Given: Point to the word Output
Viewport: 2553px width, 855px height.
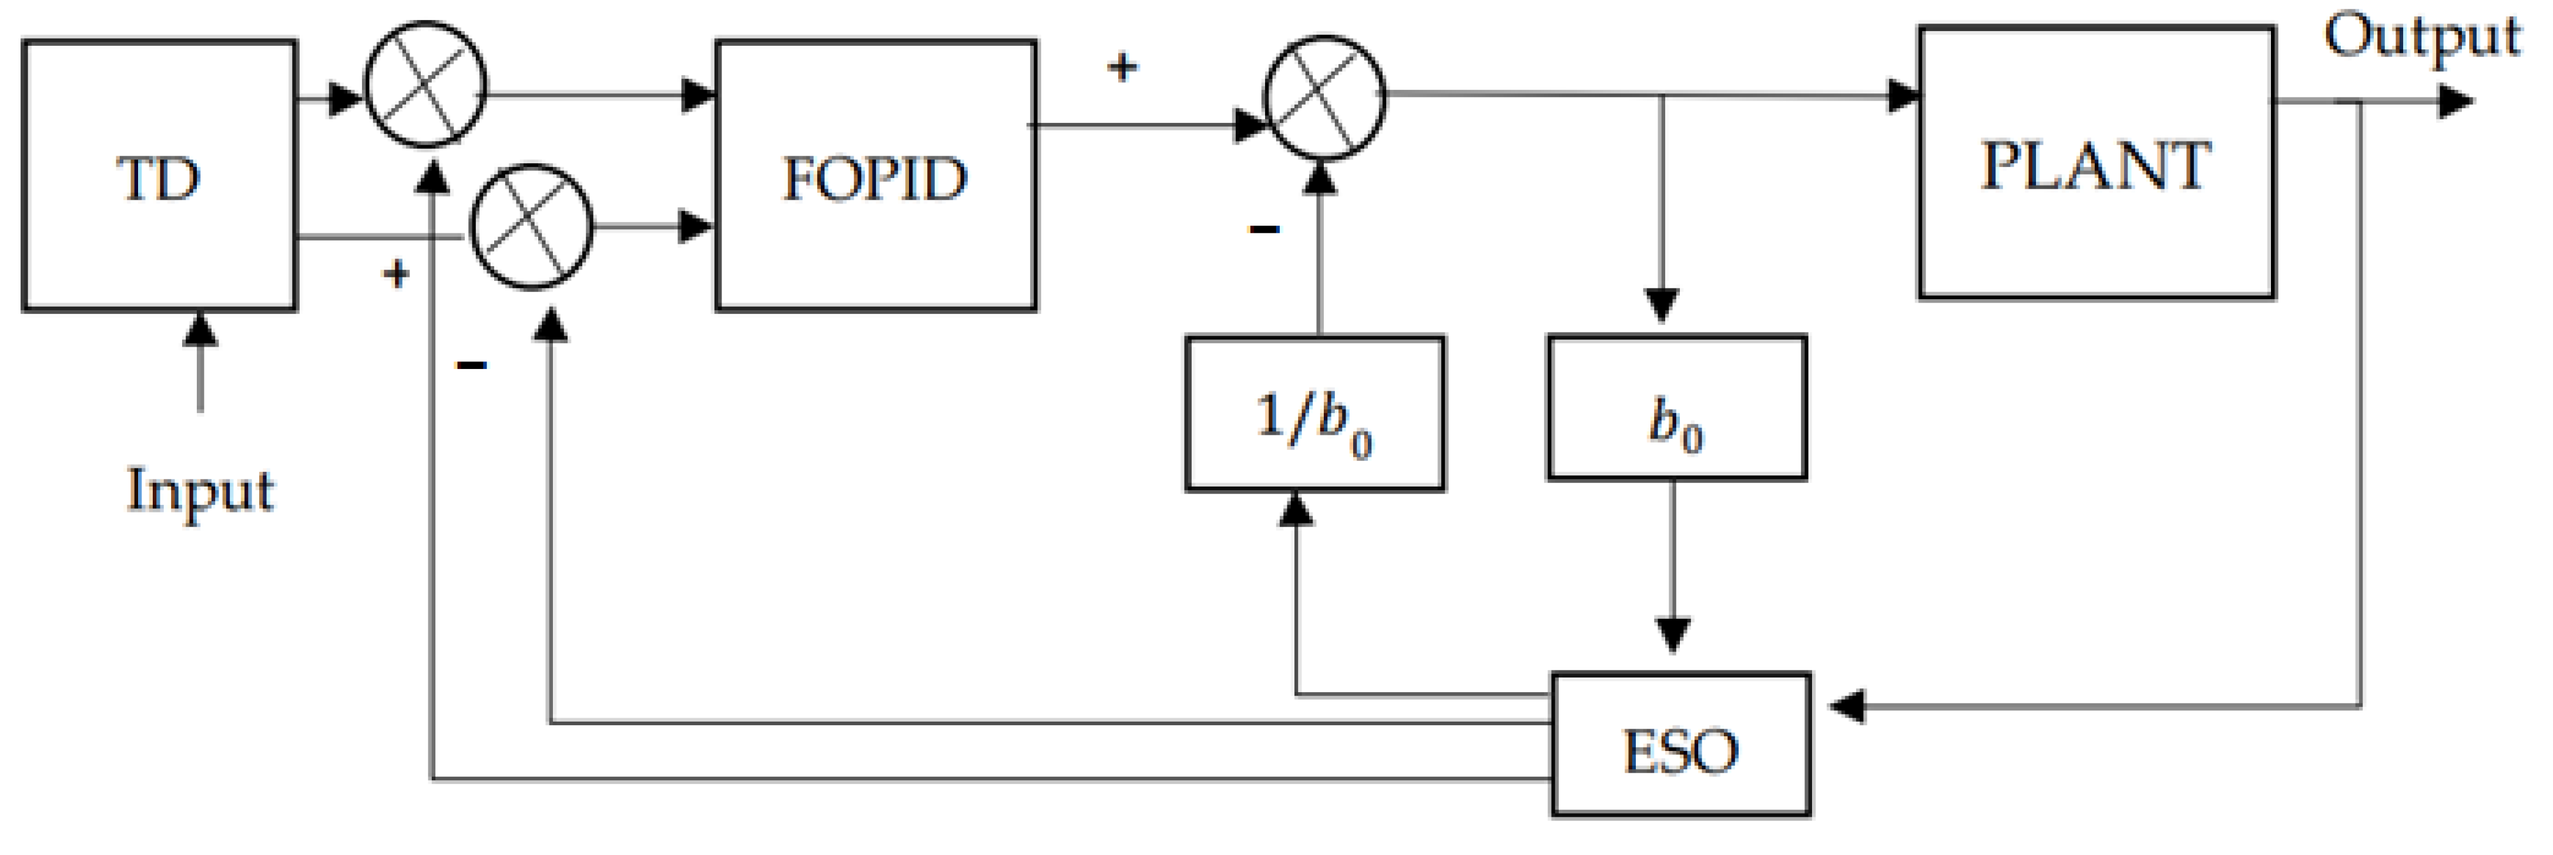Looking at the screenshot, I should click(2421, 38).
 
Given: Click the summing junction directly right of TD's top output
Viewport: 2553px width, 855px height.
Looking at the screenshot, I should click(426, 84).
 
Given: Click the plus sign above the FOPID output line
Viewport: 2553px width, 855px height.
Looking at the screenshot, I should click(1122, 68).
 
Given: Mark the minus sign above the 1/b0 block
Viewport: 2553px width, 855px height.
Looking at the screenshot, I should click(1264, 230).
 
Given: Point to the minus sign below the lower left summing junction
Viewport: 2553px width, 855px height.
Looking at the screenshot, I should click(471, 366).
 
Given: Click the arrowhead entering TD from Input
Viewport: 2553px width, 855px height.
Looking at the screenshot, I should click(200, 329).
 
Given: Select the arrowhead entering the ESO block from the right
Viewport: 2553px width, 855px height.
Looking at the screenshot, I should click(1846, 706).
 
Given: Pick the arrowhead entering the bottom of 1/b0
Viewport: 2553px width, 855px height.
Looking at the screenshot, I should click(1296, 509).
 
